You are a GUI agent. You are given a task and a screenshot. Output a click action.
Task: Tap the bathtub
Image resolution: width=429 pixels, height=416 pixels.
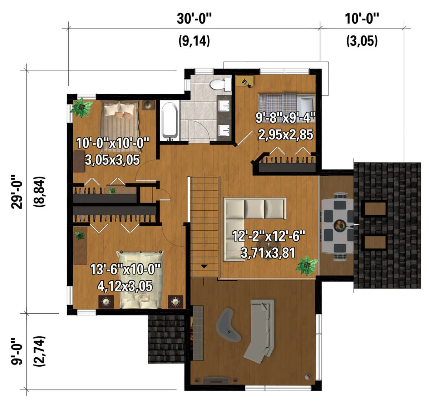point(169,121)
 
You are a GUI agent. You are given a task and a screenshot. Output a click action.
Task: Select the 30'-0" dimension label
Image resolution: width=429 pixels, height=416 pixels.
point(194,19)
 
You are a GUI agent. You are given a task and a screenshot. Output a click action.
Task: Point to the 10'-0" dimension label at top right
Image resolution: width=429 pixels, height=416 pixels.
point(362,19)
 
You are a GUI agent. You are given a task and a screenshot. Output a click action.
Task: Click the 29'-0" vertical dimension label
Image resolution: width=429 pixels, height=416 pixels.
point(17,191)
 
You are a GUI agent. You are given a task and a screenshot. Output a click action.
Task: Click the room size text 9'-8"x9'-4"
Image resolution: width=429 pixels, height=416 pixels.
point(285,118)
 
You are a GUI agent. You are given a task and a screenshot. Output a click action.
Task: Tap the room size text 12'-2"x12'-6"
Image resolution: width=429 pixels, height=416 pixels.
point(268,236)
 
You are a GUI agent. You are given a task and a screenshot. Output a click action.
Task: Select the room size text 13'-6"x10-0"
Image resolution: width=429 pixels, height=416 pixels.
point(125,269)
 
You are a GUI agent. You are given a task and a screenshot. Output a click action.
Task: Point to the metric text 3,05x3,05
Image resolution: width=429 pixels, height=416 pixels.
point(112,160)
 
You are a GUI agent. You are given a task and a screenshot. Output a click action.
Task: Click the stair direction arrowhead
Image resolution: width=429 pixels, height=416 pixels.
point(204,266)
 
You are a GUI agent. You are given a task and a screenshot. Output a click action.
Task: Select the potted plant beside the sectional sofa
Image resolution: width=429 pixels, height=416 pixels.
point(306,265)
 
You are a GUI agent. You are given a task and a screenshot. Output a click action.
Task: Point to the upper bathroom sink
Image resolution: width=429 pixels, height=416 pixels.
point(225,106)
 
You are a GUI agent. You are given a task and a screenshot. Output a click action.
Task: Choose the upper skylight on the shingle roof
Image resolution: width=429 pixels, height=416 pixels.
point(375,209)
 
